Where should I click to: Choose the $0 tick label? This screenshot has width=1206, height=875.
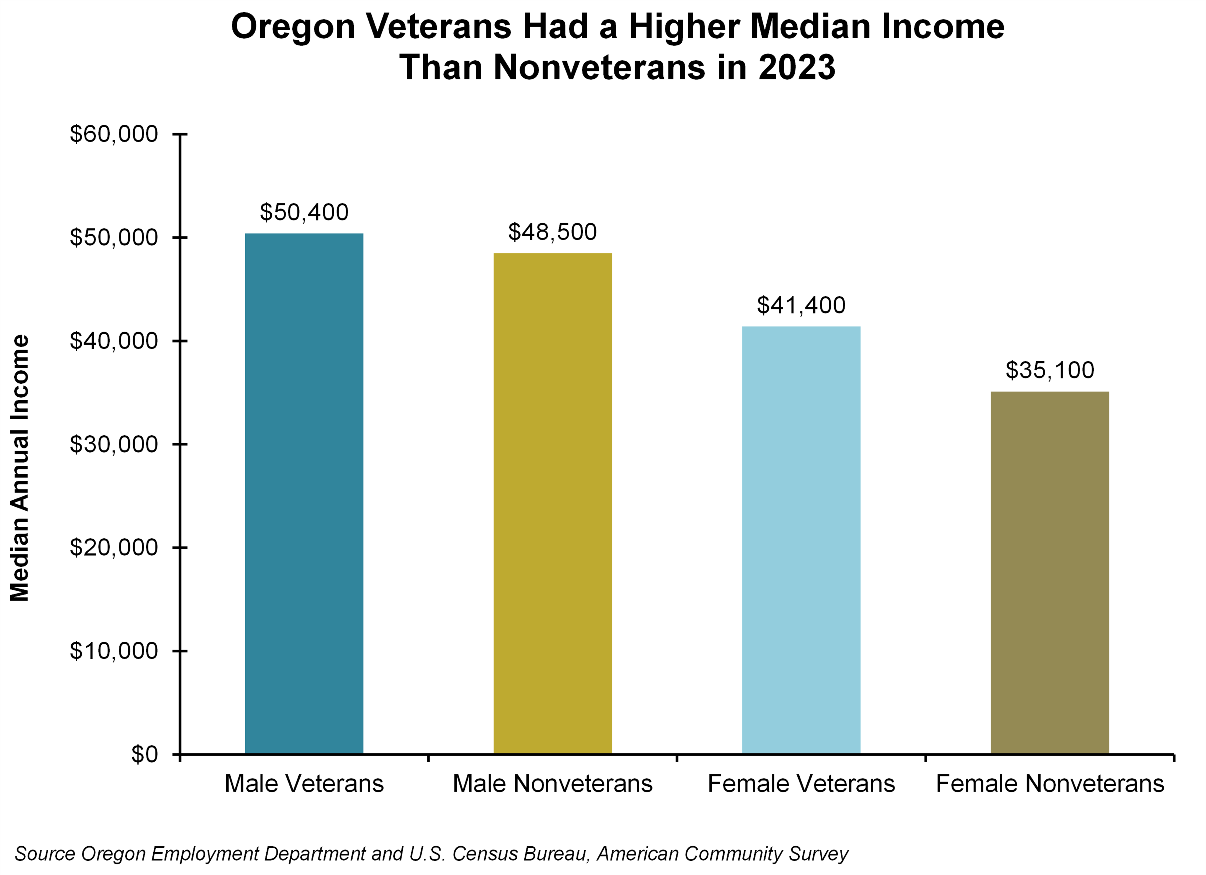(x=145, y=754)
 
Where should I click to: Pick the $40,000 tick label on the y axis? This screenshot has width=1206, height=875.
(x=114, y=341)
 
